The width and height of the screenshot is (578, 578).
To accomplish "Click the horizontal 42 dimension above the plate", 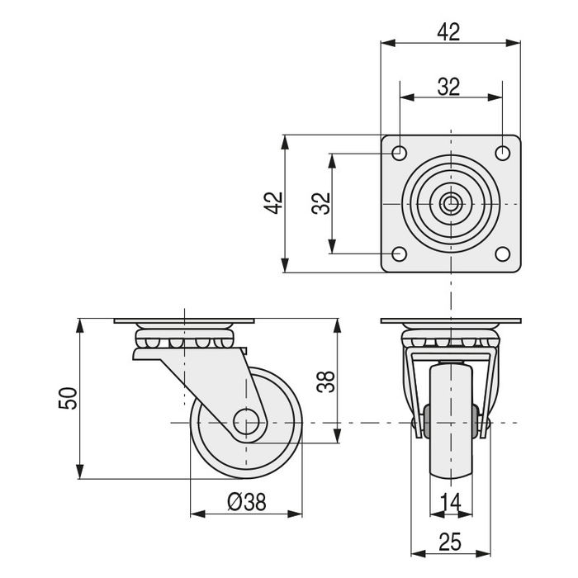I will coord(449,32).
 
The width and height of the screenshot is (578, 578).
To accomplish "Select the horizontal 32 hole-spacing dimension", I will coord(449,87).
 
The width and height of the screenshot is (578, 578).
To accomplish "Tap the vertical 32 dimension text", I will coord(321,203).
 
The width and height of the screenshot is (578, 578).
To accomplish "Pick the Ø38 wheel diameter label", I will coord(245,502).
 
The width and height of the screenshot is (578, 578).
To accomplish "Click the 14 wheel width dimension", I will coord(450,502).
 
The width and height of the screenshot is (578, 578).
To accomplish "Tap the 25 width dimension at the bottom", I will coord(450,542).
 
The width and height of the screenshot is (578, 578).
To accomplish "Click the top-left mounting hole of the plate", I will coord(399,153).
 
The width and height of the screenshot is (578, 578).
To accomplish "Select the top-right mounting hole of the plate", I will coord(502,153).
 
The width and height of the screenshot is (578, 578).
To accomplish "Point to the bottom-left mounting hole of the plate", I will coord(399,254).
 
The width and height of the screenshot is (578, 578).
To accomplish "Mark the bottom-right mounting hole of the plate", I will coord(502,254).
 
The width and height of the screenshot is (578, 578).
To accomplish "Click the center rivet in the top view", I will coord(451,203).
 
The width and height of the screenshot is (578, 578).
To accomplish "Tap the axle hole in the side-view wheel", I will coord(245,422).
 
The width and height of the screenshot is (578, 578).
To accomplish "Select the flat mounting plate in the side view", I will coord(184,321).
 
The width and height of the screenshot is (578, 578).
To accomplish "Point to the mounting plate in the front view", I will coord(451,321).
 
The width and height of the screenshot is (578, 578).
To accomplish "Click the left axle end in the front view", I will coord(417,423).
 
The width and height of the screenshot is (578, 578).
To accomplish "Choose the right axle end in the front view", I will coord(485,423).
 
